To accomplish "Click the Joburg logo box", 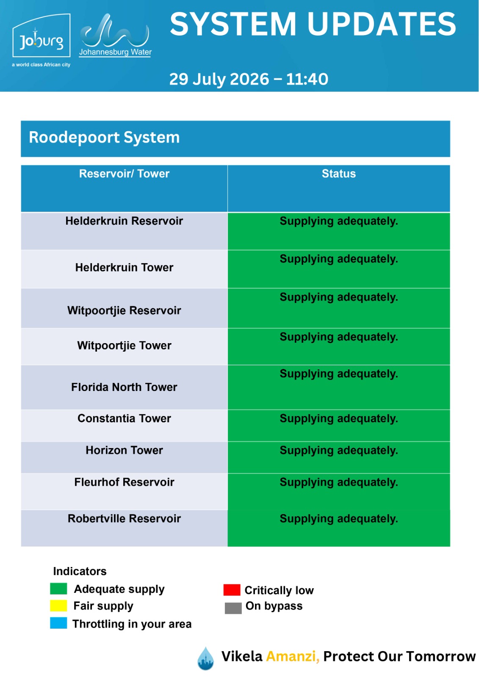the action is (41, 36).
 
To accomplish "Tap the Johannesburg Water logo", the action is (115, 35).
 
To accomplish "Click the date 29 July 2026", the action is (219, 79).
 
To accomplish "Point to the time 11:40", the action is (307, 79).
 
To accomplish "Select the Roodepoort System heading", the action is (104, 137).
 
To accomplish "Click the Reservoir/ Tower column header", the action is (124, 174).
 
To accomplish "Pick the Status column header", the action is (338, 174).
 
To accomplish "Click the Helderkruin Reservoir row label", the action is (124, 221).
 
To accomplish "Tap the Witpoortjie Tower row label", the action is (124, 345).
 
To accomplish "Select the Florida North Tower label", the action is (124, 387).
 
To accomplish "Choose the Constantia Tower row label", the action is (124, 418).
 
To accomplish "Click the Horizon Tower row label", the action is (124, 450).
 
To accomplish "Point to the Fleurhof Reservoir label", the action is (124, 482).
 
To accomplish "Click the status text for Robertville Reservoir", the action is (338, 519).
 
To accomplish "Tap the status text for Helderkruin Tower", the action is (338, 259).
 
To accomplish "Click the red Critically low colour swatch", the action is (232, 590).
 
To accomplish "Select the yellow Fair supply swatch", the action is (58, 605).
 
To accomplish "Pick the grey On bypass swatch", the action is (233, 608).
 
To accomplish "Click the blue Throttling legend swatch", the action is (58, 623).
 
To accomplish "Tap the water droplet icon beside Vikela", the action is (205, 658).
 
